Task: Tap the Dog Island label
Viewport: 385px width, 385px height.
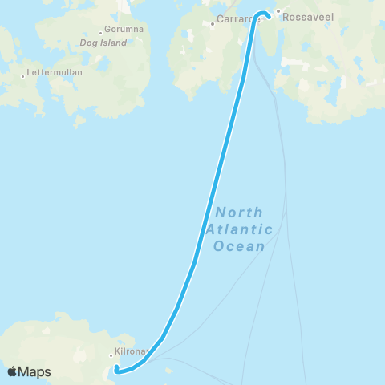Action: [103, 43]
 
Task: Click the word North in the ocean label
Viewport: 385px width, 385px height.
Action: [238, 213]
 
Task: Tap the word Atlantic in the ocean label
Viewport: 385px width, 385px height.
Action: [239, 229]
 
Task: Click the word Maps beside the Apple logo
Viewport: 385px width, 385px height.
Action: [35, 371]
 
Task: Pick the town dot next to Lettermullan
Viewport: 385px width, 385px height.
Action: [23, 76]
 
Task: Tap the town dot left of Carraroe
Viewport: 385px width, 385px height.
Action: [212, 23]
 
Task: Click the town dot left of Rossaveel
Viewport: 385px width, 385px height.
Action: [278, 12]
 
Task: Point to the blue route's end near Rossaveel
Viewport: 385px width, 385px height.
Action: [269, 14]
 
